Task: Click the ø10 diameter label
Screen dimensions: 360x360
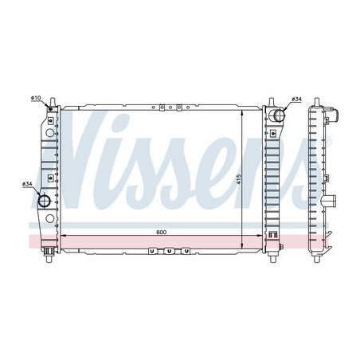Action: click(x=36, y=98)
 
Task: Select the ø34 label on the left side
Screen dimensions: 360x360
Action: click(x=27, y=184)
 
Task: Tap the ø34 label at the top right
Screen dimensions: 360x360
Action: click(x=297, y=99)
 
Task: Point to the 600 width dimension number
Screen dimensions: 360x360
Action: click(x=161, y=232)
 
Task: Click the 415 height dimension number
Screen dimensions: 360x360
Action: click(x=238, y=180)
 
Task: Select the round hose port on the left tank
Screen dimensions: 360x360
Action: click(x=44, y=201)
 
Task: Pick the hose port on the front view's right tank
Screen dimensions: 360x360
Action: click(x=277, y=115)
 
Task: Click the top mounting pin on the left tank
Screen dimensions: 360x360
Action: click(x=53, y=102)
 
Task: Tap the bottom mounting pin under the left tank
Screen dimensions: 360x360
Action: click(x=49, y=259)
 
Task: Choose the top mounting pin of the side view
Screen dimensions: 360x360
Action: click(x=316, y=102)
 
